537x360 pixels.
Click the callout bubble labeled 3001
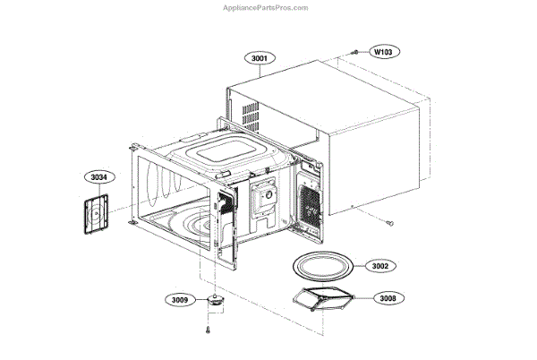260,58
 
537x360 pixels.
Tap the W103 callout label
382,53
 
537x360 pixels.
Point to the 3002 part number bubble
386,267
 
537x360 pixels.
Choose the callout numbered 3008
386,297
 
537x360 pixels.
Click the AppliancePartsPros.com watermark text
268,6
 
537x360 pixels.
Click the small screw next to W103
355,53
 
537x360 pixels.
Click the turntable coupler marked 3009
216,300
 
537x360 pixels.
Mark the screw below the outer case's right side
392,220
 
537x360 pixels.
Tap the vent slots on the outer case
251,113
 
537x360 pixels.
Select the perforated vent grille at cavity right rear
309,204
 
